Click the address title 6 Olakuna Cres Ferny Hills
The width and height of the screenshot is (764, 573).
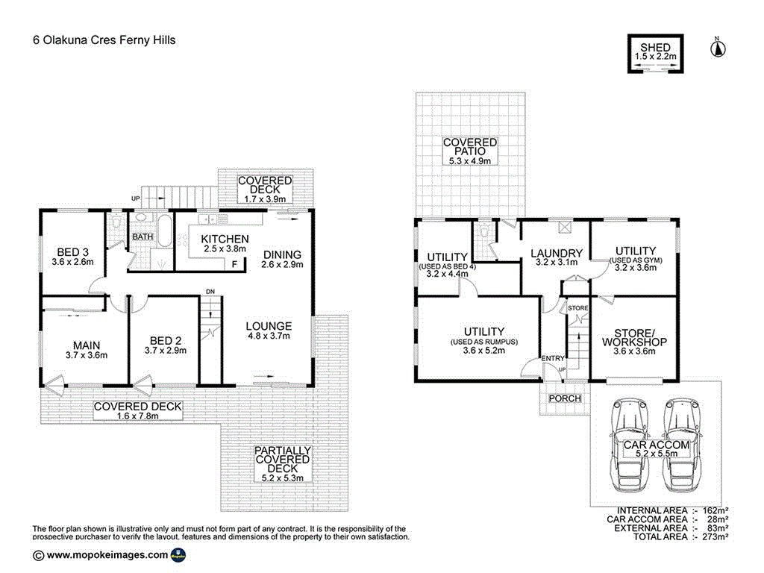point(104,40)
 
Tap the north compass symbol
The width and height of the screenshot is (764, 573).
point(717,48)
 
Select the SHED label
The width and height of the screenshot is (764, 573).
point(655,48)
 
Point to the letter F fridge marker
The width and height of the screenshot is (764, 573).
point(235,264)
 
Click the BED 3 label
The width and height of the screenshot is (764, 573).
point(73,251)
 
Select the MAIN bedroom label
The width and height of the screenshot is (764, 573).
point(87,345)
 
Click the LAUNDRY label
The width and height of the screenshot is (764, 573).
point(556,254)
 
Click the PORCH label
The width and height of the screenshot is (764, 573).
point(565,398)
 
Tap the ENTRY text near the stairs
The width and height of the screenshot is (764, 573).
point(553,359)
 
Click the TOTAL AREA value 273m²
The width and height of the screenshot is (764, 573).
point(713,536)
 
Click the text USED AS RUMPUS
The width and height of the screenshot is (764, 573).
point(483,342)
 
